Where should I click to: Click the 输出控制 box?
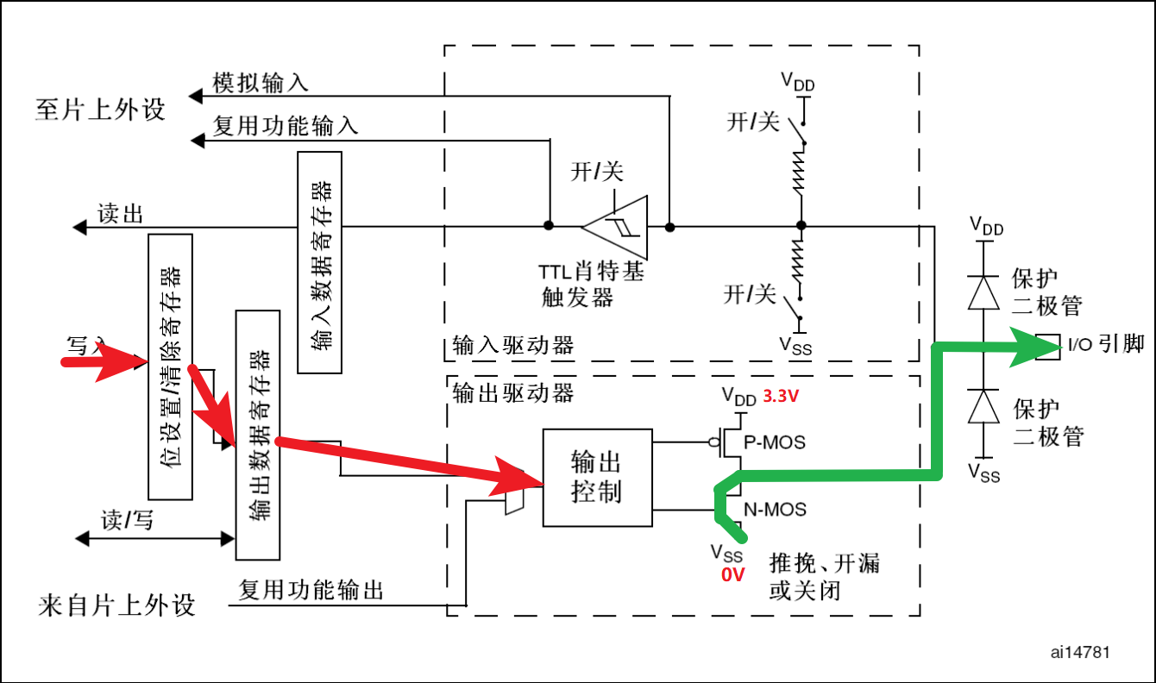point(597,477)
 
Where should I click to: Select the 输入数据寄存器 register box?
point(319,262)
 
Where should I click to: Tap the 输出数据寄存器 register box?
point(258,435)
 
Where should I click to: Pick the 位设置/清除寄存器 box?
point(170,366)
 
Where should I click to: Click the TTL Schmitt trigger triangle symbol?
point(619,227)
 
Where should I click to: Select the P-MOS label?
point(775,442)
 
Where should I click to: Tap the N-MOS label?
point(775,510)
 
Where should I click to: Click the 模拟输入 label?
point(260,83)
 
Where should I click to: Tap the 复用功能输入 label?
point(285,127)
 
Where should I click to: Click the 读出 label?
point(120,214)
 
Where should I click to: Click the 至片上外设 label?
point(100,110)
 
